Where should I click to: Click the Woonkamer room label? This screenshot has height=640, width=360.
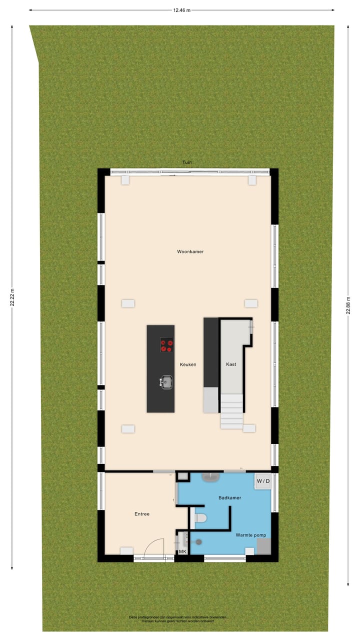[x=190, y=251]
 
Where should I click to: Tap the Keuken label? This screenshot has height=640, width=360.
[x=188, y=364]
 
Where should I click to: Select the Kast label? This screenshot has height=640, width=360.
[x=230, y=364]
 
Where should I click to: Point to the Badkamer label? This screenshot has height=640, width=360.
[x=230, y=498]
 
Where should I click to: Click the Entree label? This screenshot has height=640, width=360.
[x=142, y=513]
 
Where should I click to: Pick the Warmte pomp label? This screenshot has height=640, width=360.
[x=250, y=535]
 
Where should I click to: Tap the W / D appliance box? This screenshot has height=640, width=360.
[x=263, y=481]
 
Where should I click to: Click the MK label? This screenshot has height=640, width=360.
[x=182, y=551]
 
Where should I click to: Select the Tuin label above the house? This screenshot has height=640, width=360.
[x=186, y=162]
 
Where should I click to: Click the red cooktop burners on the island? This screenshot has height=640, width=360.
[x=167, y=345]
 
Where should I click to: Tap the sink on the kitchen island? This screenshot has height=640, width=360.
[x=166, y=382]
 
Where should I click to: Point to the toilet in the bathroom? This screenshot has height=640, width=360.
[x=199, y=518]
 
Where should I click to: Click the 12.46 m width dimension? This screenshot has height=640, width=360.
[x=182, y=9]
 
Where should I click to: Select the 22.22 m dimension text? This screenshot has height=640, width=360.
[x=12, y=299]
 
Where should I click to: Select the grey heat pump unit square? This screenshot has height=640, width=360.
[x=263, y=547]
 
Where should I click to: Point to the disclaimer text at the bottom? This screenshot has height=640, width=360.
[x=178, y=619]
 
